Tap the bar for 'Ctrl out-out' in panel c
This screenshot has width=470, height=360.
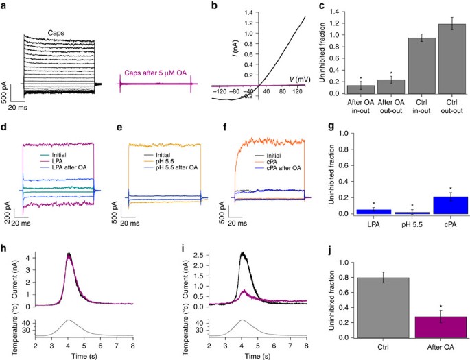pyautogui.click(x=451, y=58)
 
